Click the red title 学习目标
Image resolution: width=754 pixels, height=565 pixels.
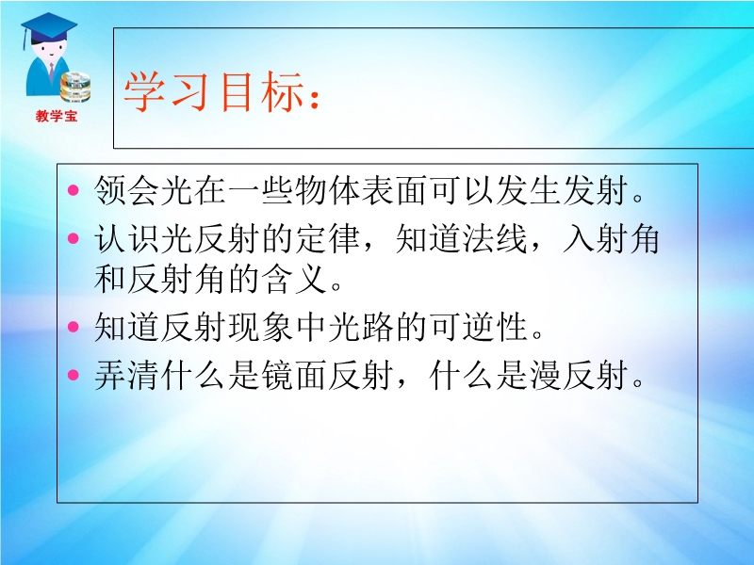pos(214,91)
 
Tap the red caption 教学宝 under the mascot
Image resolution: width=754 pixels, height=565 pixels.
pos(57,116)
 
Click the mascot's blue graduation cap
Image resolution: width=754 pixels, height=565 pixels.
pos(49,28)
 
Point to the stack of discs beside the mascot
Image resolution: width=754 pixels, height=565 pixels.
pos(75,87)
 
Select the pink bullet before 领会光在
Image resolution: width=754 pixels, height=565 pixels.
pos(74,190)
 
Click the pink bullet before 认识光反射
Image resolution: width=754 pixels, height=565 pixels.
pos(74,238)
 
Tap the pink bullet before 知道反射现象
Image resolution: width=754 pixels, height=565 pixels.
pos(74,327)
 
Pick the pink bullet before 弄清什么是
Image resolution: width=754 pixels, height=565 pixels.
pos(74,374)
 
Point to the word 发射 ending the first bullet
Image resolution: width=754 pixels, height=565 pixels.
pos(596,190)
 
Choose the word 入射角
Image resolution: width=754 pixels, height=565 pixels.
pos(611,238)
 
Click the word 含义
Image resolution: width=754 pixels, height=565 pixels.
pos(294,279)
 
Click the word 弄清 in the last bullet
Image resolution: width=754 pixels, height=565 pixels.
pos(126,375)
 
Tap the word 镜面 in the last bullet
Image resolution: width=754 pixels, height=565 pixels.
pos(294,375)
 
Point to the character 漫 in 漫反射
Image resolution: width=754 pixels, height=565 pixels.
pos(546,375)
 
